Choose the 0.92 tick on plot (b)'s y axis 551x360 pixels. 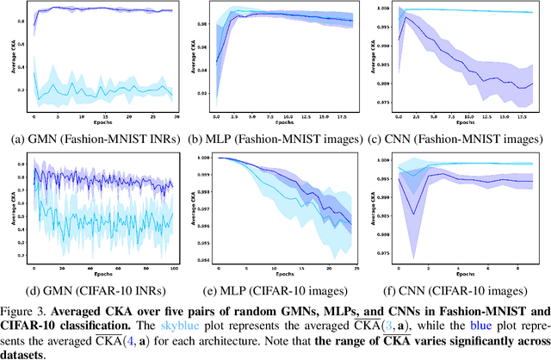[x=207, y=93]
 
